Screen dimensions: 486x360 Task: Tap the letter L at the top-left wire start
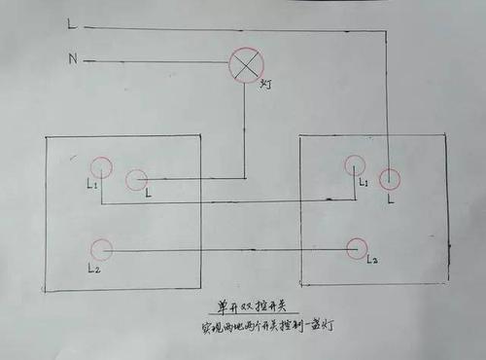(71, 22)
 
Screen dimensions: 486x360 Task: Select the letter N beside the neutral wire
(72, 59)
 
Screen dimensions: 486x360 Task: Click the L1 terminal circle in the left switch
(100, 168)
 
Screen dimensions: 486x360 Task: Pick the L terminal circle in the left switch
(136, 179)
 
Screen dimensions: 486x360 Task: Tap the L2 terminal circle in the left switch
(100, 249)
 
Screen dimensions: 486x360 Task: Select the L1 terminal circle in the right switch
(356, 166)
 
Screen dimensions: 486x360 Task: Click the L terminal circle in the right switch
(390, 178)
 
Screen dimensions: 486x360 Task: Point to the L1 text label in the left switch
(91, 183)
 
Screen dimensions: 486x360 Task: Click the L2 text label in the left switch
(93, 267)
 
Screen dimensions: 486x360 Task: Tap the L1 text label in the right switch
(363, 183)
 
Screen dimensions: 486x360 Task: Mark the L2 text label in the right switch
(373, 262)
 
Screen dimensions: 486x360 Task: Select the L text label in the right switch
(390, 198)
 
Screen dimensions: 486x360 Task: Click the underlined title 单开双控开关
(245, 306)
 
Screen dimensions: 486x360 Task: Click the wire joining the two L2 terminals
(229, 250)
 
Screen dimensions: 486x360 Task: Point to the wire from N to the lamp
(156, 62)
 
